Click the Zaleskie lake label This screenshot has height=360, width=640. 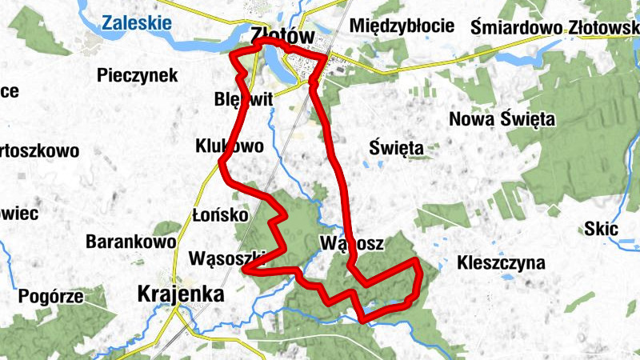coord(137,22)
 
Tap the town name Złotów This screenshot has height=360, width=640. coord(279,36)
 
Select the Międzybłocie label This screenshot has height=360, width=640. coord(402,26)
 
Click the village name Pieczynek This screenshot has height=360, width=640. coord(137,75)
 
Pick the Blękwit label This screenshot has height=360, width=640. coord(244,99)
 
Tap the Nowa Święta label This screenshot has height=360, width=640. coord(502,119)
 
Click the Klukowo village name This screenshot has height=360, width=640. coord(229,146)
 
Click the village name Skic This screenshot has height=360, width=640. coord(602,230)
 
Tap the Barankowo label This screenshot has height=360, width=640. coord(130,241)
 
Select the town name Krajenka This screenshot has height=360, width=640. coord(180,294)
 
